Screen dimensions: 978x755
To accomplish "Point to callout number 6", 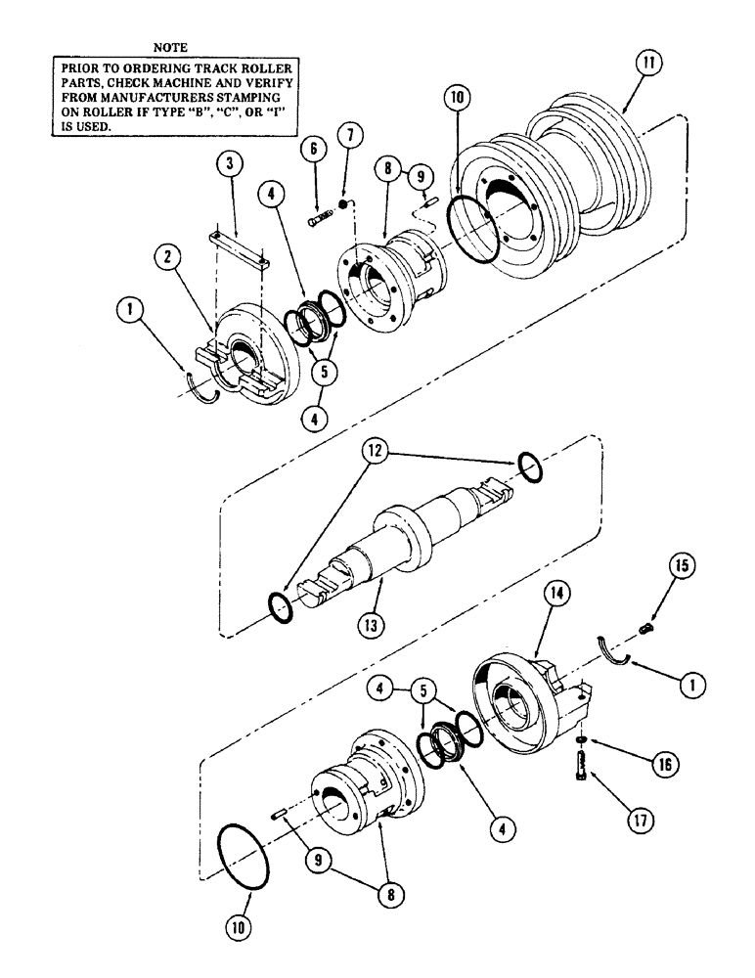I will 311,149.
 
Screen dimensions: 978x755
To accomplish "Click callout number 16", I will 637,760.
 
